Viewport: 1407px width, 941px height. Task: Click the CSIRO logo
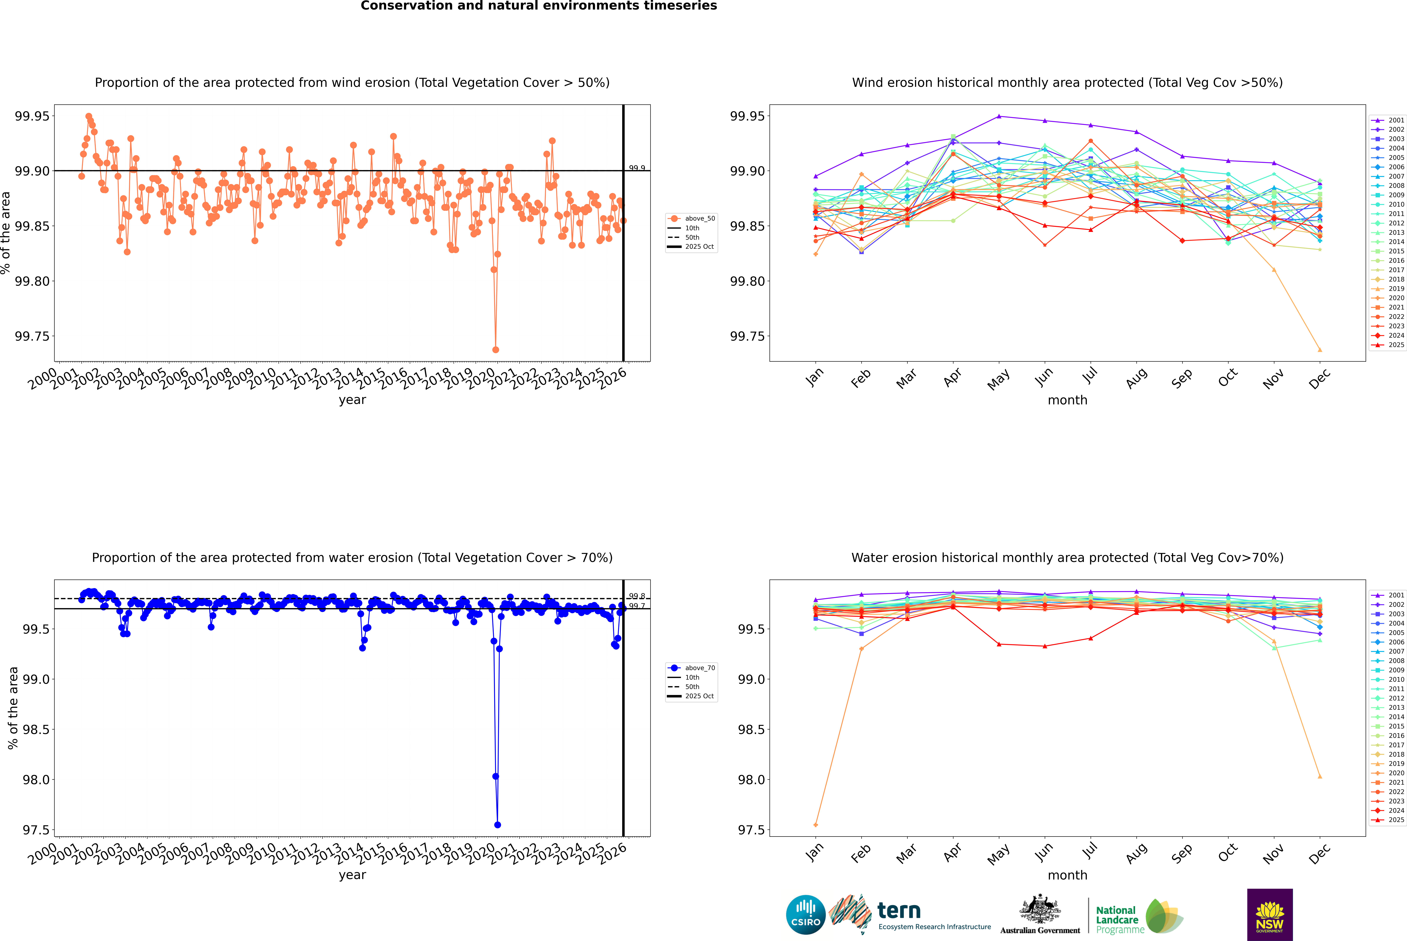click(x=806, y=915)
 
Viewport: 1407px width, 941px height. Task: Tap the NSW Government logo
click(x=1270, y=915)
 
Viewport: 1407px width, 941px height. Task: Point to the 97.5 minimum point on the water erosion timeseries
click(x=497, y=825)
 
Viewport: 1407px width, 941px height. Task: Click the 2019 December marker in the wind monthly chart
click(x=1319, y=350)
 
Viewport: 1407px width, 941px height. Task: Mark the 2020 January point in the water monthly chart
click(x=816, y=825)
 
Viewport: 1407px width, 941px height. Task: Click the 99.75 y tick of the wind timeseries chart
click(x=32, y=336)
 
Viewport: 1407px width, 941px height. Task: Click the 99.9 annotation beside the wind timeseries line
click(x=637, y=168)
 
